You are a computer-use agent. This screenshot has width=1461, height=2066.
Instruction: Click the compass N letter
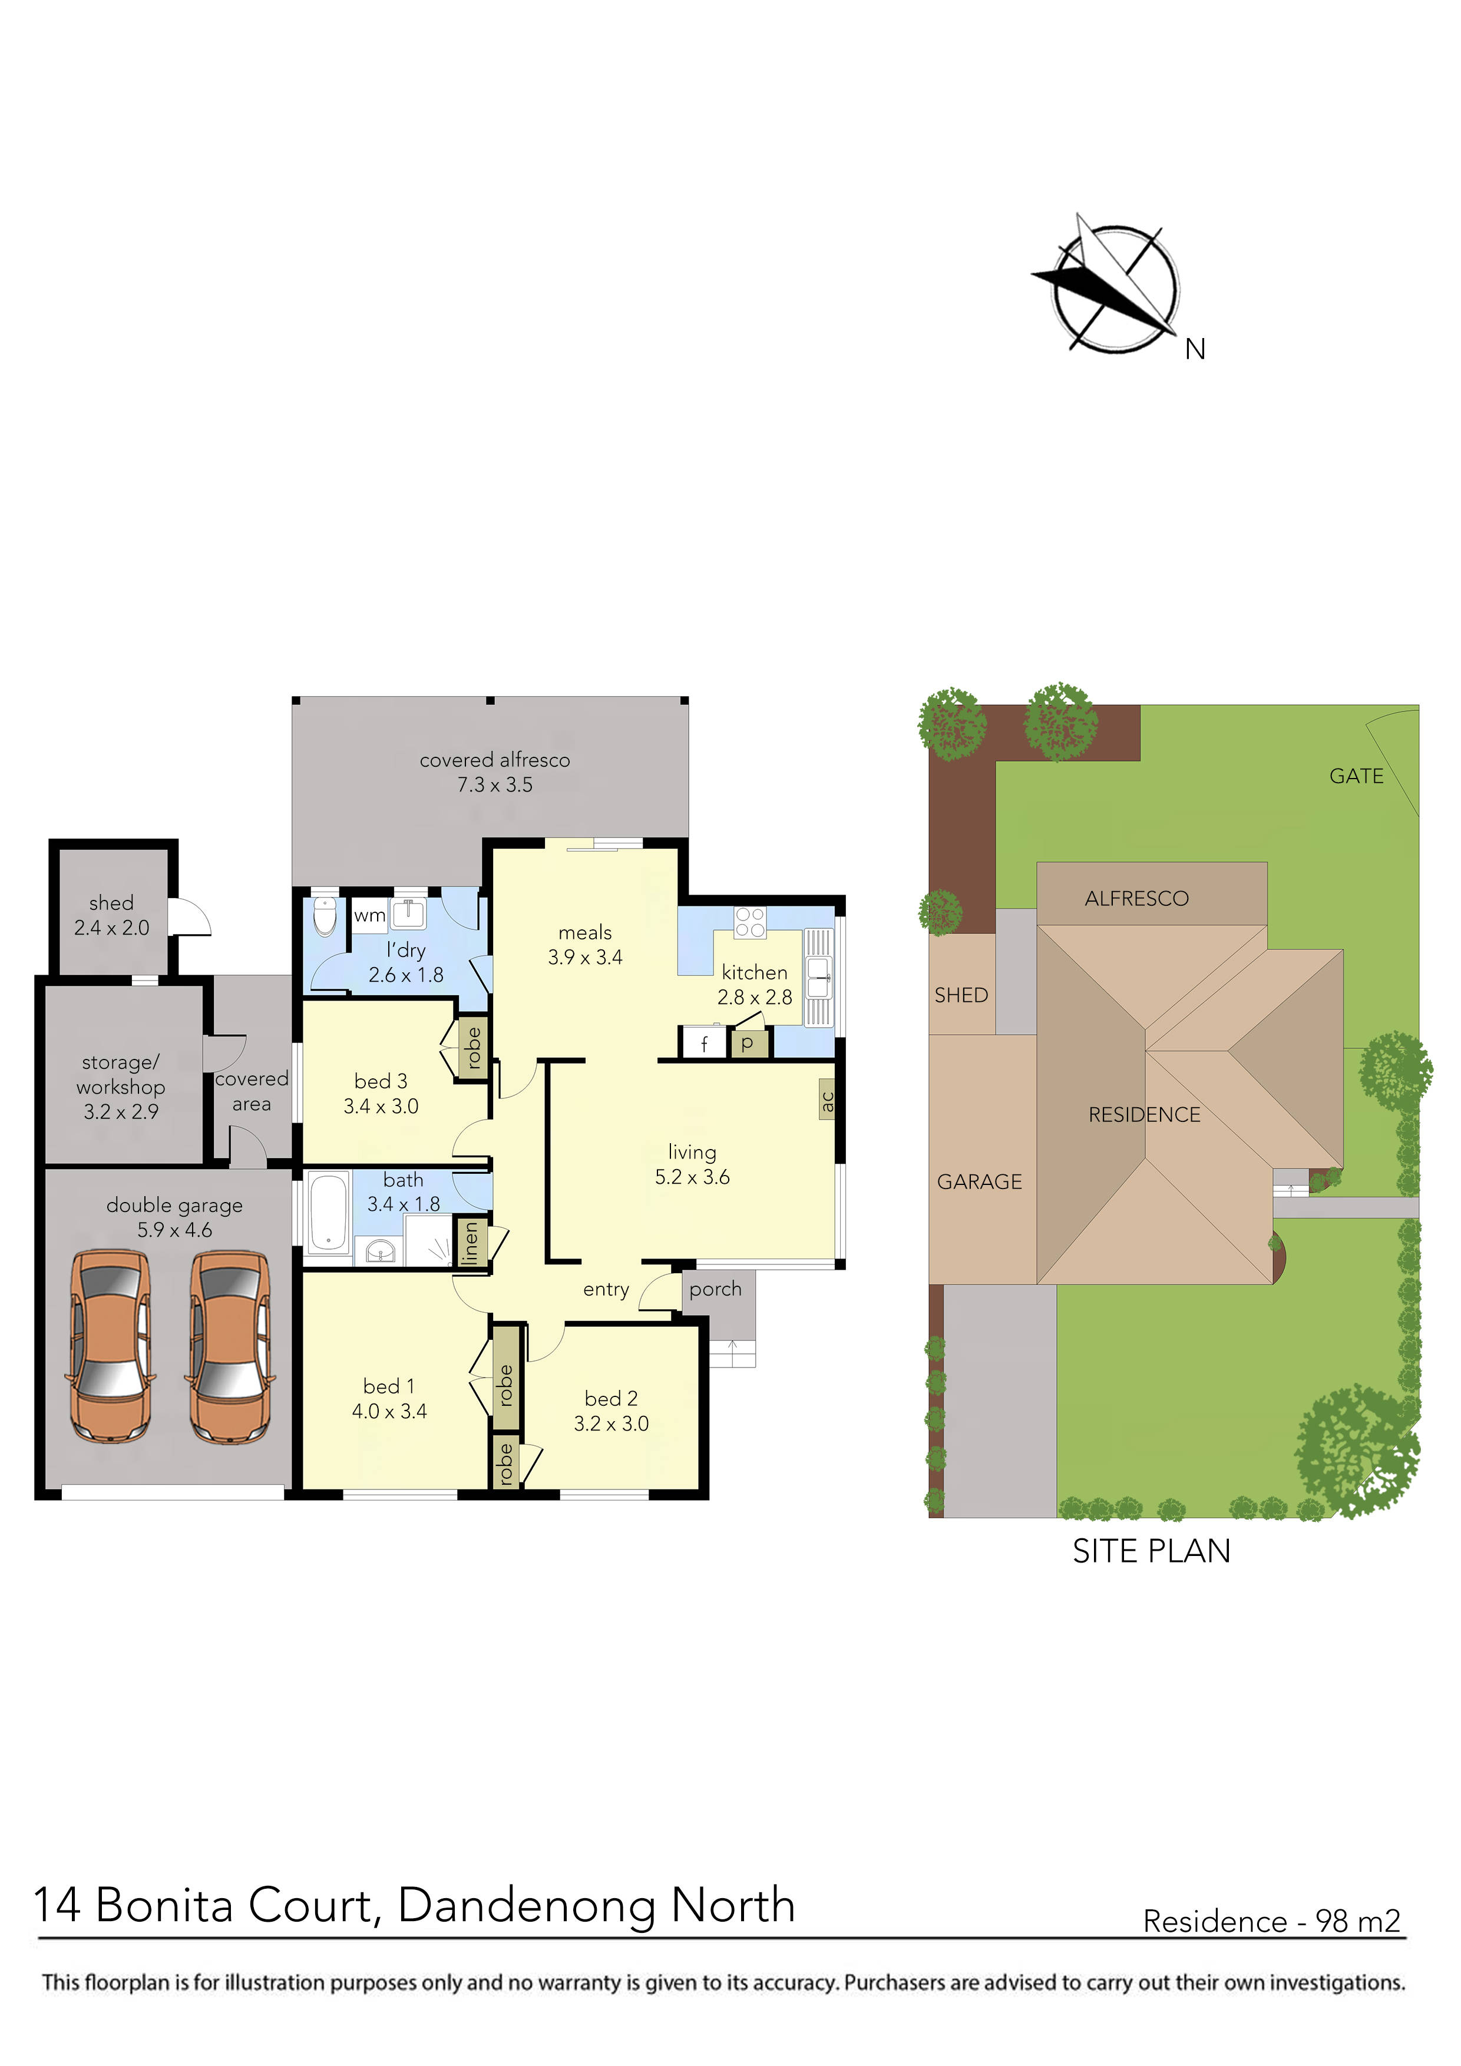point(1195,349)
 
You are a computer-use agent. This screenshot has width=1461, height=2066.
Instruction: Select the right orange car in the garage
point(230,1346)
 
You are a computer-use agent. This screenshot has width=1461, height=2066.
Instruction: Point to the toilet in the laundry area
point(325,915)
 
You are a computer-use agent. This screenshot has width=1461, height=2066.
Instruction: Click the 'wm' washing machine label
point(369,916)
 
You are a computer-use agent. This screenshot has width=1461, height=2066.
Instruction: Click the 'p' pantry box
point(746,1043)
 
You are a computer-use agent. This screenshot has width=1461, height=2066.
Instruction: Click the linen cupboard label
point(470,1244)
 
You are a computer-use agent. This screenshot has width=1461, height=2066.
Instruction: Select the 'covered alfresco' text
point(494,760)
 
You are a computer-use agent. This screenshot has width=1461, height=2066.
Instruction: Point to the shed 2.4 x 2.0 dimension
point(111,928)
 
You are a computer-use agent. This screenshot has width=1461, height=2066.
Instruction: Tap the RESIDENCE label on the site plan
point(1144,1115)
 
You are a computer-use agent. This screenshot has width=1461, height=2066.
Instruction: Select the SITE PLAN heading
point(1151,1551)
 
